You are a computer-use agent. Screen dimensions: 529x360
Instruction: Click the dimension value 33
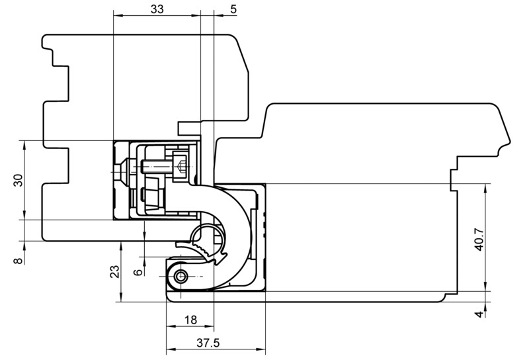[157, 9]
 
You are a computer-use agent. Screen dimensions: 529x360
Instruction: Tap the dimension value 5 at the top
[233, 9]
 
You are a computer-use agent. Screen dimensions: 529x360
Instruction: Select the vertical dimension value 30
[18, 180]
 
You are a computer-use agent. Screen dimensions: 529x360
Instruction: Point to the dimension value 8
[18, 260]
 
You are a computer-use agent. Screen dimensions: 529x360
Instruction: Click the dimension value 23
[115, 271]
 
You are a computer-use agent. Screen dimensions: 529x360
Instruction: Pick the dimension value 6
[138, 272]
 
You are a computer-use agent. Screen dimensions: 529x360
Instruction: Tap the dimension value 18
[190, 320]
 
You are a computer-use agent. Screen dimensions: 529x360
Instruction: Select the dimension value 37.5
[208, 343]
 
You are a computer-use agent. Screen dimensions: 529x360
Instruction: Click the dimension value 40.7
[479, 240]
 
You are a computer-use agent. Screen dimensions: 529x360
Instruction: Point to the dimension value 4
[479, 314]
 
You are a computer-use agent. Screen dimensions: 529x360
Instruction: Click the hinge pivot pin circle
[181, 277]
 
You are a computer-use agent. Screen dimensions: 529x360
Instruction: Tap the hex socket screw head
[179, 167]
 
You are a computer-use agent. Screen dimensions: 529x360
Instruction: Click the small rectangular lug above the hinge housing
[189, 128]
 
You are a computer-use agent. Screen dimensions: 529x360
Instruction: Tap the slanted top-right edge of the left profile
[241, 54]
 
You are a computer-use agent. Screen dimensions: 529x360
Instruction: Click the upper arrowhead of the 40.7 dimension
[485, 189]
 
